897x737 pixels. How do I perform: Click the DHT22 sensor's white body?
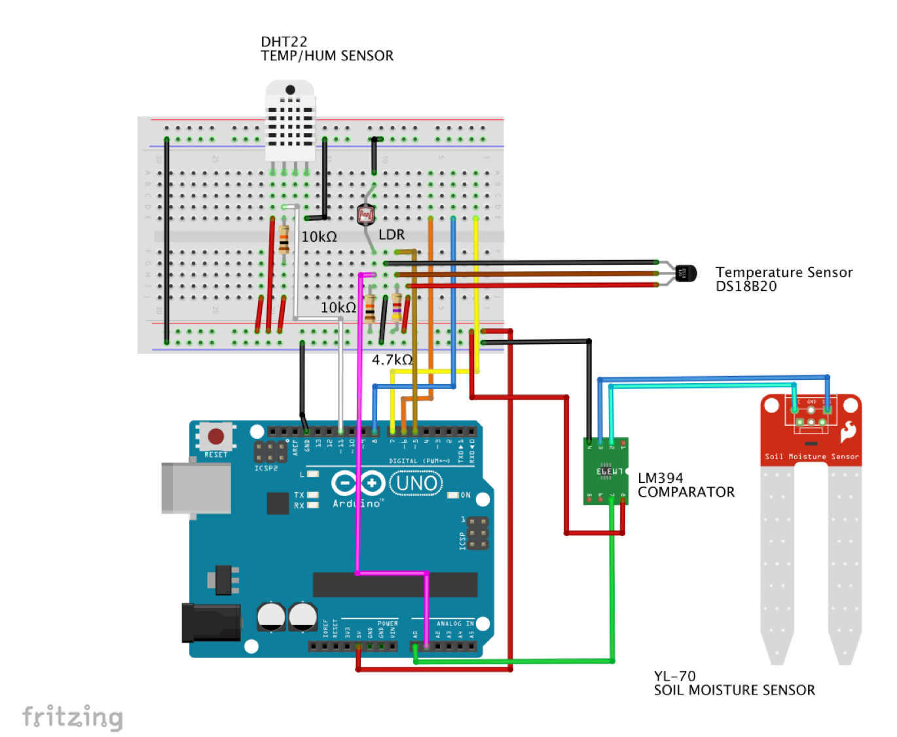pyautogui.click(x=290, y=121)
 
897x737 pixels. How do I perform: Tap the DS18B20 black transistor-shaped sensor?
pyautogui.click(x=685, y=273)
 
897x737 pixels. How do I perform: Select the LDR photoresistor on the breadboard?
pyautogui.click(x=365, y=215)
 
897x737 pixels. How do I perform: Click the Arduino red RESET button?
pyautogui.click(x=216, y=436)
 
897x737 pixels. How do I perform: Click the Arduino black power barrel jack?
pyautogui.click(x=211, y=622)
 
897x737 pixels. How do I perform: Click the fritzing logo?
pyautogui.click(x=72, y=717)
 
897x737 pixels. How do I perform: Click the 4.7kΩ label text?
pyautogui.click(x=392, y=360)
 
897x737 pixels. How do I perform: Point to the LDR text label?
pyautogui.click(x=392, y=235)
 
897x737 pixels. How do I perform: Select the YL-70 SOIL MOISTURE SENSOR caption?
pyautogui.click(x=734, y=683)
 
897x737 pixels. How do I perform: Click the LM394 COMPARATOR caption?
pyautogui.click(x=686, y=485)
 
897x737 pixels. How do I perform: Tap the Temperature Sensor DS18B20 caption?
pyautogui.click(x=784, y=279)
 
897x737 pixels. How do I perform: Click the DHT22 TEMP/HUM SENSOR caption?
pyautogui.click(x=327, y=49)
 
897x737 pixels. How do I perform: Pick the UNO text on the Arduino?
pyautogui.click(x=416, y=483)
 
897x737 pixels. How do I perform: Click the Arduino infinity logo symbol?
pyautogui.click(x=357, y=483)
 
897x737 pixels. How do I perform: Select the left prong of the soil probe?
pyautogui.click(x=777, y=563)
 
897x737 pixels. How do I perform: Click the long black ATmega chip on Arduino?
pyautogui.click(x=395, y=584)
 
